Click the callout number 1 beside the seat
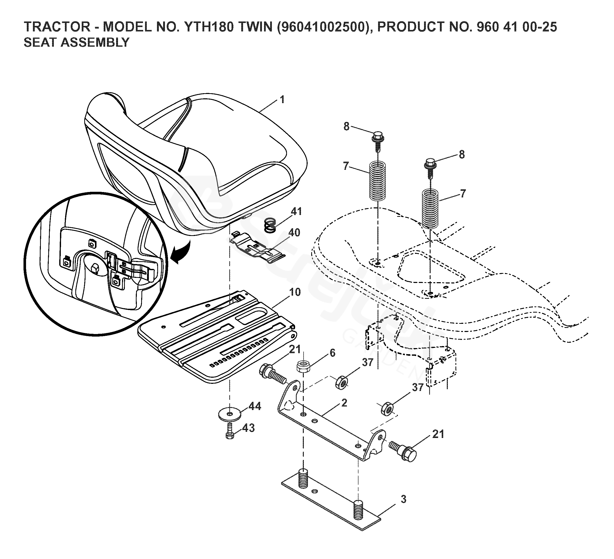click(282, 100)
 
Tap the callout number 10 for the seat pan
click(295, 292)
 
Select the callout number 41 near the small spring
click(296, 211)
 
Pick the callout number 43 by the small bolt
click(248, 428)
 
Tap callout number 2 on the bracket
click(344, 403)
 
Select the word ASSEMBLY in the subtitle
click(95, 43)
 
